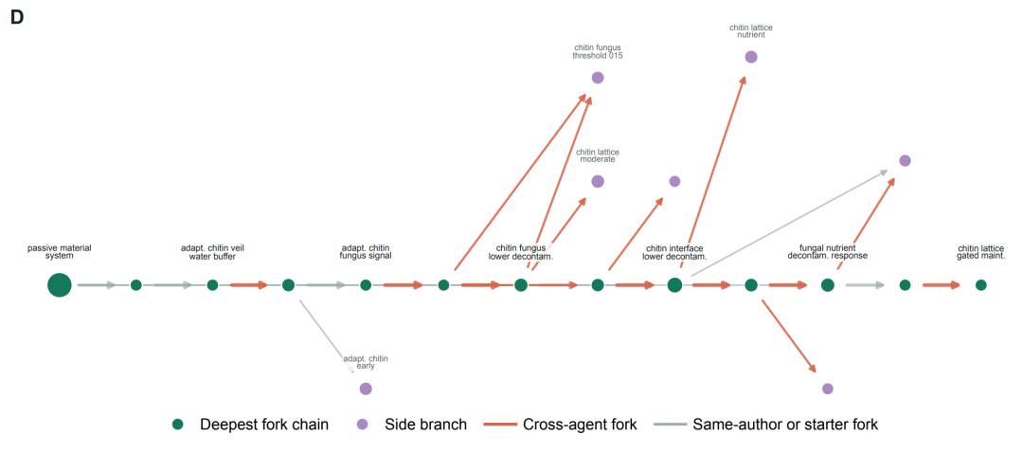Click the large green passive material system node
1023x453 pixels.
(x=60, y=285)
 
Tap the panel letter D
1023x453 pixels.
(x=17, y=18)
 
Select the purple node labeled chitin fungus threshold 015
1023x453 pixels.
(x=598, y=78)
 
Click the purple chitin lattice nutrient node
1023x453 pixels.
(x=751, y=57)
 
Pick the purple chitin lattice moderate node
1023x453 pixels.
(x=598, y=181)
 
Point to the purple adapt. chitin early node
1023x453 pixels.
(x=366, y=389)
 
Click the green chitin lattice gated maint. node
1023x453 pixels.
(x=980, y=285)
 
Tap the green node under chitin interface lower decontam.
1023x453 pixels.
(x=674, y=285)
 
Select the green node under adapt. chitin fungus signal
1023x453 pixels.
(x=366, y=285)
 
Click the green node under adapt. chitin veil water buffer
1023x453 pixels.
(x=212, y=285)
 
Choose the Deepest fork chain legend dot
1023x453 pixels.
(x=177, y=425)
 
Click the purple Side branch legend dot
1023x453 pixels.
(x=363, y=425)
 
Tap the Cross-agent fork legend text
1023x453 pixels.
(x=580, y=425)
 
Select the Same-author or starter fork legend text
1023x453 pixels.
(x=785, y=425)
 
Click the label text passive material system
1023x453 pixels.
(x=60, y=252)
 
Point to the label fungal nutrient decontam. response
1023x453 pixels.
(x=827, y=252)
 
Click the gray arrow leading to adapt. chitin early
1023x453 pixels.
(x=326, y=336)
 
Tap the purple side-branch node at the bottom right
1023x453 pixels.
(x=827, y=389)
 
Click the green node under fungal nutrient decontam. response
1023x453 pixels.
(x=827, y=285)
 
